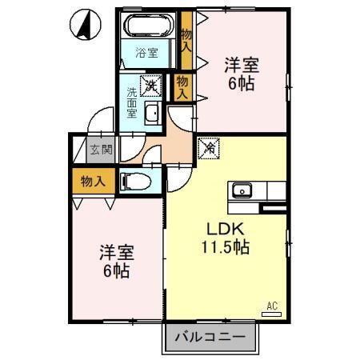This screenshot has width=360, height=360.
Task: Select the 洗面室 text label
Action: (131, 101)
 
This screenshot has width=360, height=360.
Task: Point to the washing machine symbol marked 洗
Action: (150, 83)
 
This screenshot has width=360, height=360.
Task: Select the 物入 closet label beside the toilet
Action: (93, 181)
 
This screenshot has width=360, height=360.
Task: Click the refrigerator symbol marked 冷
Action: (208, 147)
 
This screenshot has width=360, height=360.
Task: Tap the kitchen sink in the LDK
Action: (241, 190)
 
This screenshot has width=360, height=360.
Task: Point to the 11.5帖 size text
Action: (225, 248)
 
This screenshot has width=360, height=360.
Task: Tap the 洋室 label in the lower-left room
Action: (116, 253)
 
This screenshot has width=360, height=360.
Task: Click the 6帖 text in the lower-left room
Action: (116, 270)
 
